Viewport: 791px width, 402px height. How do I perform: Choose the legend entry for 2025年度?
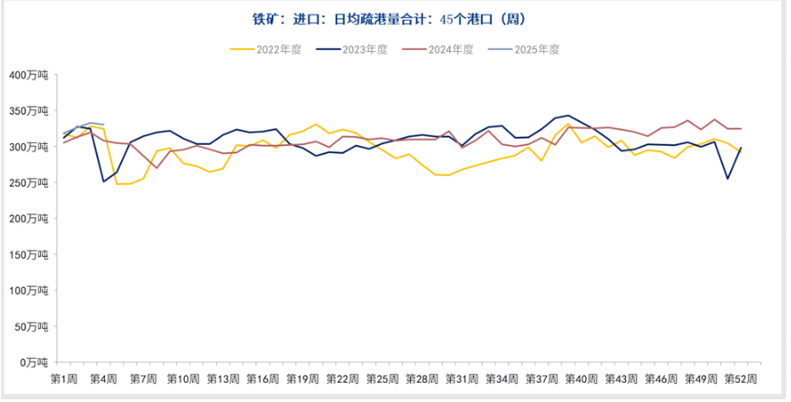coord(529,50)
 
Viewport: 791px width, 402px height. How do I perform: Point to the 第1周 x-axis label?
coord(64,378)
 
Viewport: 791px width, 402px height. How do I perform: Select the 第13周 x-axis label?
coord(222,378)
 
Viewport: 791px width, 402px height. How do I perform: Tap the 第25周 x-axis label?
coord(382,378)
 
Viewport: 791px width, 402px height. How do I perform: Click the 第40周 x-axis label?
coord(580,378)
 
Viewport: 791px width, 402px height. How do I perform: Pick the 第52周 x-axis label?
coord(739,378)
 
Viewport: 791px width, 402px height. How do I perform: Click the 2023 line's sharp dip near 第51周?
coord(727,179)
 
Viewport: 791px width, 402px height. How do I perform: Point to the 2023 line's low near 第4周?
coord(104,181)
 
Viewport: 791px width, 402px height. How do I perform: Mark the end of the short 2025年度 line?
coord(104,124)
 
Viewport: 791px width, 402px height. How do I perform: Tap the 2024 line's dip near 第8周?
coord(156,168)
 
